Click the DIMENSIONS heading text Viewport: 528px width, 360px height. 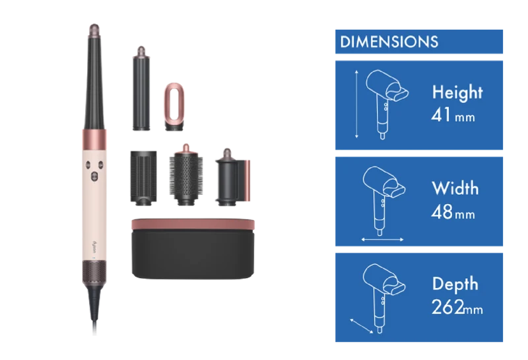(389, 42)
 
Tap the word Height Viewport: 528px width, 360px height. (457, 92)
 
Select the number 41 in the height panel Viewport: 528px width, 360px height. (441, 115)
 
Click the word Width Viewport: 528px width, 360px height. (455, 188)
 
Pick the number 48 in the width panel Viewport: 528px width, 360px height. (442, 212)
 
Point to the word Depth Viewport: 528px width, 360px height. (455, 284)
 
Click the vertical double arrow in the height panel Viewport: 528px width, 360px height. (356, 104)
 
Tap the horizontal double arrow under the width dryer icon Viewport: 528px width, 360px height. (382, 240)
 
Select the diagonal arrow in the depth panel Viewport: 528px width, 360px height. (362, 326)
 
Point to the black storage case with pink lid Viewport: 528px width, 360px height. (193, 249)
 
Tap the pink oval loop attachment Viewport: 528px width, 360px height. (174, 106)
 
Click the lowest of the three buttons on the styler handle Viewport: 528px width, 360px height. (94, 176)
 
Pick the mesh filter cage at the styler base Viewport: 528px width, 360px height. (94, 272)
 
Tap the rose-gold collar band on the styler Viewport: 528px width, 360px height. (94, 139)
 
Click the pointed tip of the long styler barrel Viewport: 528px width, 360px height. (94, 25)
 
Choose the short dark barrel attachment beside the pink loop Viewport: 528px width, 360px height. (141, 89)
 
